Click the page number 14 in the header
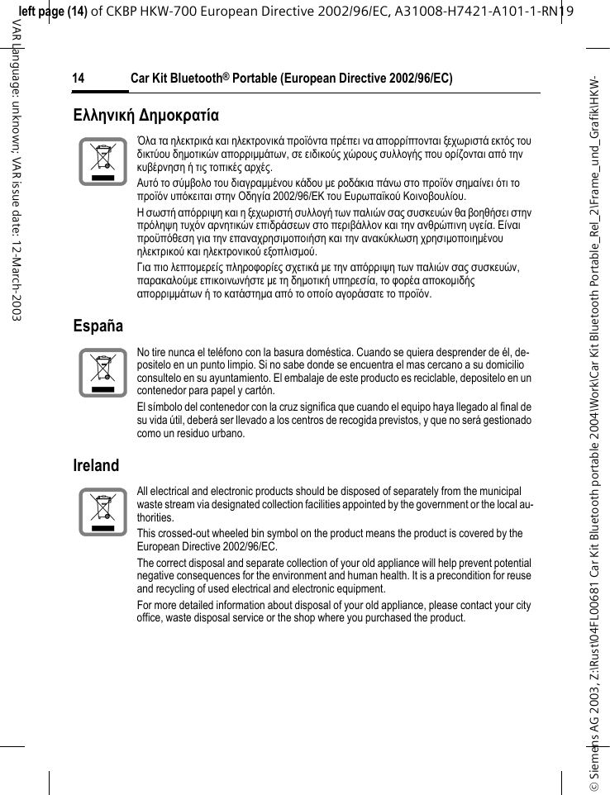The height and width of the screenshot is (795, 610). pyautogui.click(x=79, y=79)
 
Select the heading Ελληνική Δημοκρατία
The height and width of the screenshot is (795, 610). pyautogui.click(x=145, y=113)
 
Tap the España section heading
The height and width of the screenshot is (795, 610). pyautogui.click(x=98, y=326)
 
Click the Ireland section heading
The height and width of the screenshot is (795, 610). pyautogui.click(x=96, y=465)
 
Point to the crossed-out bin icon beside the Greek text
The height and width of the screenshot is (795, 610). pyautogui.click(x=102, y=162)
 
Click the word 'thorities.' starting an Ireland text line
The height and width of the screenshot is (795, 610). pyautogui.click(x=156, y=517)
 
